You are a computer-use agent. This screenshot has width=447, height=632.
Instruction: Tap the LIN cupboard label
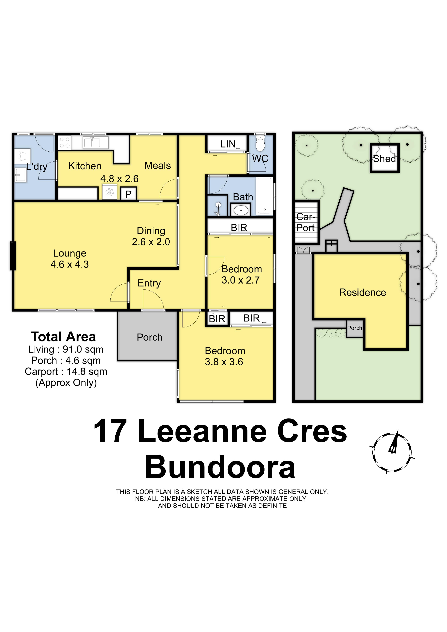(228, 144)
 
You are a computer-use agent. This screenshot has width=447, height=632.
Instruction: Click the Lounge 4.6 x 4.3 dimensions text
(70, 264)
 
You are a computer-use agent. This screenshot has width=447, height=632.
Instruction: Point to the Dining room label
(151, 231)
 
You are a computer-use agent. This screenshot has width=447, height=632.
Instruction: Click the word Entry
(149, 283)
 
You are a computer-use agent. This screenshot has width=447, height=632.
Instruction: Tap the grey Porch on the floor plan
(147, 336)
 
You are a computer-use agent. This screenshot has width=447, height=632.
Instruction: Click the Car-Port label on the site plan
(306, 222)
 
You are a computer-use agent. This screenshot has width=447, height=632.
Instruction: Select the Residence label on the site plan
(362, 292)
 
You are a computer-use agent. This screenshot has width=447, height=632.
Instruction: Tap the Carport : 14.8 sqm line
(66, 372)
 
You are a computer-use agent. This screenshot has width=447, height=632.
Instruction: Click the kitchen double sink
(95, 142)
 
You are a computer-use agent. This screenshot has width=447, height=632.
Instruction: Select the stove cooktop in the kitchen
(64, 143)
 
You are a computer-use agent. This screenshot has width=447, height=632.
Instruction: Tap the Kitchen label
(85, 166)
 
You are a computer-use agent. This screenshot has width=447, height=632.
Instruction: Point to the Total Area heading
(63, 337)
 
